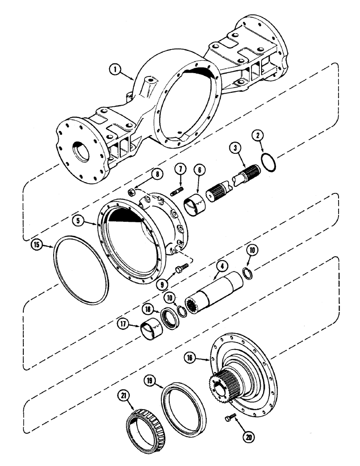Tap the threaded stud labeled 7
coord(177,192)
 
